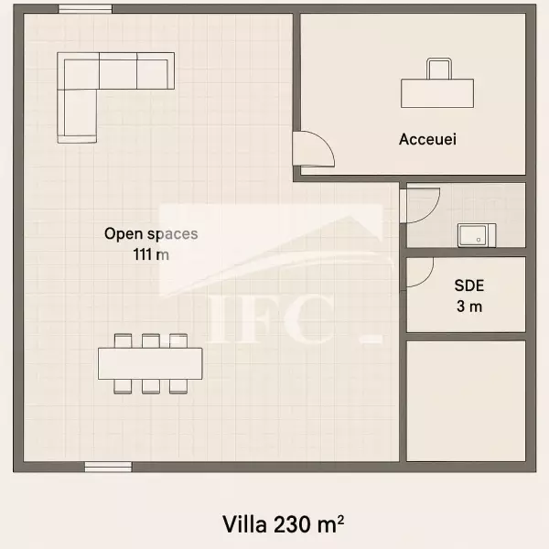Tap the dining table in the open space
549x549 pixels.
pyautogui.click(x=150, y=363)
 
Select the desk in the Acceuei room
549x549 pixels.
pyautogui.click(x=437, y=93)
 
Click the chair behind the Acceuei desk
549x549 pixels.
pyautogui.click(x=438, y=69)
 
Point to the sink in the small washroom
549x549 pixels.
pyautogui.click(x=477, y=235)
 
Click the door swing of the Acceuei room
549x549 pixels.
pyautogui.click(x=313, y=148)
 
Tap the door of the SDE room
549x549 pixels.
pyautogui.click(x=419, y=273)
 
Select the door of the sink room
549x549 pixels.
pyautogui.click(x=420, y=206)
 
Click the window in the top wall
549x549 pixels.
pyautogui.click(x=85, y=9)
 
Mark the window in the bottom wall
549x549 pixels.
pyautogui.click(x=108, y=467)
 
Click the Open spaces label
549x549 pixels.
pyautogui.click(x=151, y=234)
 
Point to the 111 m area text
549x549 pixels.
pyautogui.click(x=151, y=254)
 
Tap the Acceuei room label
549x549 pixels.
pyautogui.click(x=427, y=139)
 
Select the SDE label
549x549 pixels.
pyautogui.click(x=469, y=285)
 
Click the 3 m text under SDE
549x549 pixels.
pyautogui.click(x=469, y=307)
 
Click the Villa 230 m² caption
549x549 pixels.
pyautogui.click(x=283, y=524)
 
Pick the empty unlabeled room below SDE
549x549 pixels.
pyautogui.click(x=466, y=402)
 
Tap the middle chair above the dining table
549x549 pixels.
pyautogui.click(x=151, y=340)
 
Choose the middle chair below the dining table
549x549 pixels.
pyautogui.click(x=151, y=386)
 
